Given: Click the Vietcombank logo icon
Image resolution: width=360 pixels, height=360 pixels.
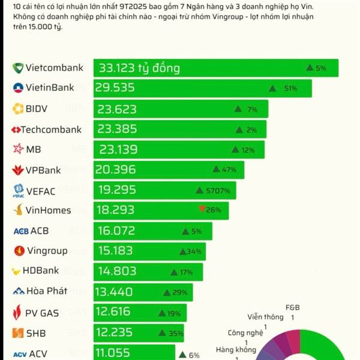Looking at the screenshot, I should point(18,68).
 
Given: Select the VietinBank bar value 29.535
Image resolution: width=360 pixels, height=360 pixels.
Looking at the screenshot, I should point(115,88).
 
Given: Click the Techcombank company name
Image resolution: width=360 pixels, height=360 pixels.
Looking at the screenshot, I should point(51,129).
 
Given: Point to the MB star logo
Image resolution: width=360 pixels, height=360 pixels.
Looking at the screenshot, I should point(18,149).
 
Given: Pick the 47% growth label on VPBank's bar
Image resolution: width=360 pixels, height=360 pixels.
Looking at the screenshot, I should point(229,170).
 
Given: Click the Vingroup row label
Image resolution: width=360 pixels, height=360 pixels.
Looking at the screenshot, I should point(47,251).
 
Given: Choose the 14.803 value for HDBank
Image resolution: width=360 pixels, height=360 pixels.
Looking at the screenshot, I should point(117,272).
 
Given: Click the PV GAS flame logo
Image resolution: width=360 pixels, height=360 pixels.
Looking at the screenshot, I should point(18,312).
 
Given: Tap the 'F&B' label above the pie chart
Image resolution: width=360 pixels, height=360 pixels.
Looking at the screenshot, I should point(292,308).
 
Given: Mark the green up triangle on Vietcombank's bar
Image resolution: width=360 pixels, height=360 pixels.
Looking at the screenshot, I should point(310,68).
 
